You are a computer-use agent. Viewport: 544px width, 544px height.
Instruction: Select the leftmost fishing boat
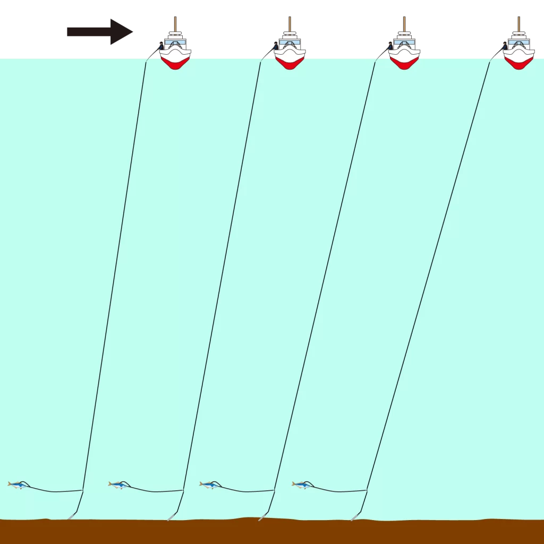point(175,50)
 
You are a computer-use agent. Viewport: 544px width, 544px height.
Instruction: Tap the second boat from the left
point(290,50)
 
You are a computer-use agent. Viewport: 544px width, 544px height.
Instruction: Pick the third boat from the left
point(404,50)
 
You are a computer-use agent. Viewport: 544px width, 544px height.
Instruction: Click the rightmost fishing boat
point(519,50)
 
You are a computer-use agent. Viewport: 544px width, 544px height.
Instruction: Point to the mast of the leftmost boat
point(175,24)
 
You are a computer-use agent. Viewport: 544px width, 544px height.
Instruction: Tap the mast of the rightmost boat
point(519,24)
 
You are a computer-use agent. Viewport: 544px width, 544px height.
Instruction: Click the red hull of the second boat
point(290,63)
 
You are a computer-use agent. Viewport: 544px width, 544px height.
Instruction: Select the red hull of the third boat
point(404,63)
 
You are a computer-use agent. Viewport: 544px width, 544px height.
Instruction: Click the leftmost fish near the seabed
point(18,484)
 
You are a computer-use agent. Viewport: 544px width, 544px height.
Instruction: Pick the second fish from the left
point(118,484)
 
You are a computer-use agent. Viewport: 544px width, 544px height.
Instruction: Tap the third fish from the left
point(209,484)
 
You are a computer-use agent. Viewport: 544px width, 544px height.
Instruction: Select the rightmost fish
point(301,484)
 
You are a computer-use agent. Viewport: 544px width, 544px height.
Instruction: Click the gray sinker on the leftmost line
point(71,516)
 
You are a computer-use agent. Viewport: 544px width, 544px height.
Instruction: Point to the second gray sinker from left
point(171,516)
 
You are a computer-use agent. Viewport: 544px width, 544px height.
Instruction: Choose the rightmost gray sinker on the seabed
point(354,516)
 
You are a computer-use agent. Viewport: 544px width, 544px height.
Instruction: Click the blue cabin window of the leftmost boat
point(175,42)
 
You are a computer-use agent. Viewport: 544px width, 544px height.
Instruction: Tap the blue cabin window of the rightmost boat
point(519,42)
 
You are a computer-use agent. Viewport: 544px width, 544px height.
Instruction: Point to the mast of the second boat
point(290,24)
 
